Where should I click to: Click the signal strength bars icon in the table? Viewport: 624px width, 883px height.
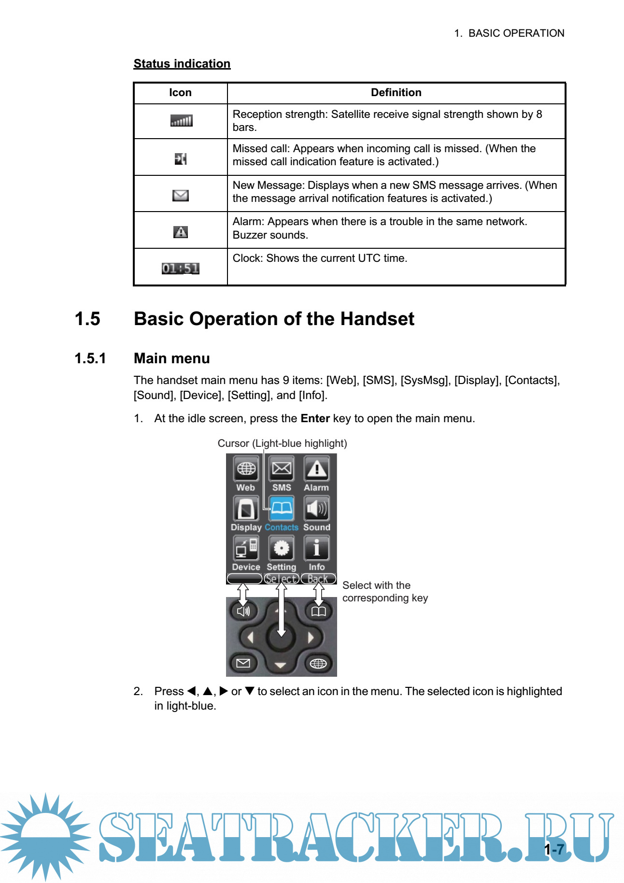click(x=181, y=121)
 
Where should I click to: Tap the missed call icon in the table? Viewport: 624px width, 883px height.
click(x=180, y=158)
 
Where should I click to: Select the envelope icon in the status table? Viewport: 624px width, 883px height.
click(x=180, y=195)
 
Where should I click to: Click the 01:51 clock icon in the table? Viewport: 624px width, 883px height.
click(x=180, y=269)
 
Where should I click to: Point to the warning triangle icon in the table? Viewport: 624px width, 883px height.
click(x=180, y=232)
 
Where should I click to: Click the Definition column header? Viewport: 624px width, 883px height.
click(x=396, y=93)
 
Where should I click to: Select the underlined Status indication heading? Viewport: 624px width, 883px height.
click(x=182, y=64)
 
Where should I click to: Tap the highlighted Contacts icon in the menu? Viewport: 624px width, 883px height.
click(x=282, y=509)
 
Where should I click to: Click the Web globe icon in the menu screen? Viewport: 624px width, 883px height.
click(x=246, y=469)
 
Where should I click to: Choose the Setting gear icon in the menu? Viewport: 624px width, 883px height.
click(x=282, y=548)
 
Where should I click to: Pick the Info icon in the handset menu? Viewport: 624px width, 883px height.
click(x=317, y=548)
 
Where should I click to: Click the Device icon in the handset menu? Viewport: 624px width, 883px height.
click(x=246, y=548)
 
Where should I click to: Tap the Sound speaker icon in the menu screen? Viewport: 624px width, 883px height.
click(x=317, y=509)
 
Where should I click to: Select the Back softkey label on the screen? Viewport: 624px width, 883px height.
click(x=318, y=579)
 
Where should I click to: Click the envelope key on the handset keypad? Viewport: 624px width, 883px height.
click(x=243, y=663)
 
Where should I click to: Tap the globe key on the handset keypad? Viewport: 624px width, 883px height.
click(x=318, y=664)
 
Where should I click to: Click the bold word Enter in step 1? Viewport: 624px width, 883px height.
click(x=315, y=418)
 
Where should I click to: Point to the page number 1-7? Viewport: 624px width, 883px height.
click(x=554, y=850)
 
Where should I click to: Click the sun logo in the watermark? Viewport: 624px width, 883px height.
click(x=46, y=836)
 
